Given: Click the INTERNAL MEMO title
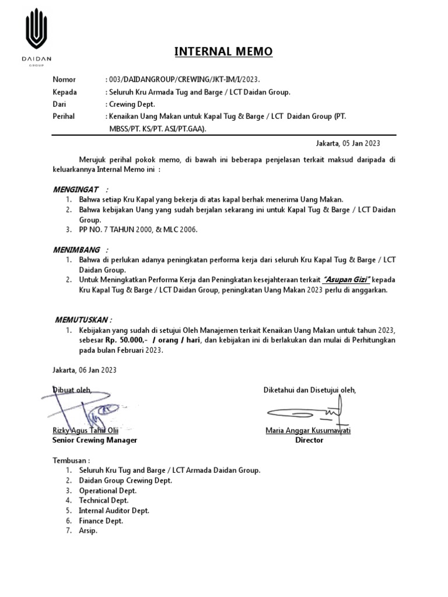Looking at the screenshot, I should [x=223, y=52].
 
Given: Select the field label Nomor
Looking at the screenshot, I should [x=64, y=79].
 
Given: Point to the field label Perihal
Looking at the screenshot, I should [x=64, y=116].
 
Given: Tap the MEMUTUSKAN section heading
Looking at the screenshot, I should [x=82, y=319].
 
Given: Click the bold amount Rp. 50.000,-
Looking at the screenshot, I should [x=123, y=340].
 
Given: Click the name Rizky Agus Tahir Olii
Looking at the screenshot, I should [x=86, y=431].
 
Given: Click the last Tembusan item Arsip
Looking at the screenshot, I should [x=89, y=531].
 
